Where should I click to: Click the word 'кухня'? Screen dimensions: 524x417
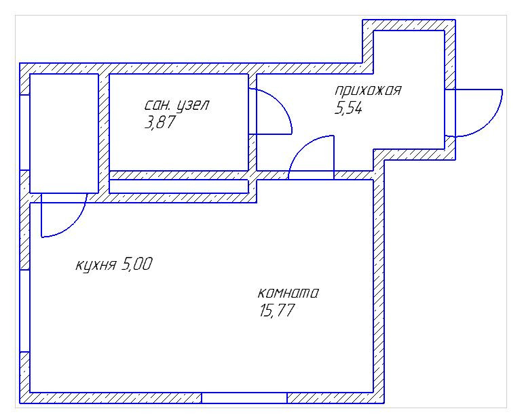pos(95,264)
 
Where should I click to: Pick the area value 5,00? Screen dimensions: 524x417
pos(136,264)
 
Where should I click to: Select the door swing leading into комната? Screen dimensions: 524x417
pos(312,158)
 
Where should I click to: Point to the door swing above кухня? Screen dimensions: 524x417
pos(63,216)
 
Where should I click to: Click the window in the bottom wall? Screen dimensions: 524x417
pos(244,397)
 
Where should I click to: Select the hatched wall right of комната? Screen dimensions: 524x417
pos(379,285)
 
